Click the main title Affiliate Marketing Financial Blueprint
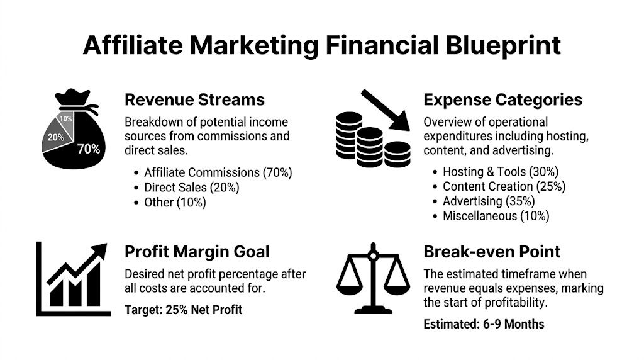pos(321,45)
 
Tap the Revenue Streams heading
pos(194,99)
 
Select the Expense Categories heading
pos(502,99)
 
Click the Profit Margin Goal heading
pos(197,252)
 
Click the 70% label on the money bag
pos(88,149)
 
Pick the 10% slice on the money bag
pos(65,118)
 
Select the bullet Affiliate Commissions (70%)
pos(218,172)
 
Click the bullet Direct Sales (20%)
pos(191,187)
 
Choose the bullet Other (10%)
pos(174,202)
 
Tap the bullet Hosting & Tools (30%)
pos(500,171)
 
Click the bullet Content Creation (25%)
pos(504,186)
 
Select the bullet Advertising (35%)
pos(489,201)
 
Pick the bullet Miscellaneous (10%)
pos(496,217)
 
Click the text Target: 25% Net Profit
pos(183,310)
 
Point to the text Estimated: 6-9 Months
pos(484,325)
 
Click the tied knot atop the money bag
pos(74,101)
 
